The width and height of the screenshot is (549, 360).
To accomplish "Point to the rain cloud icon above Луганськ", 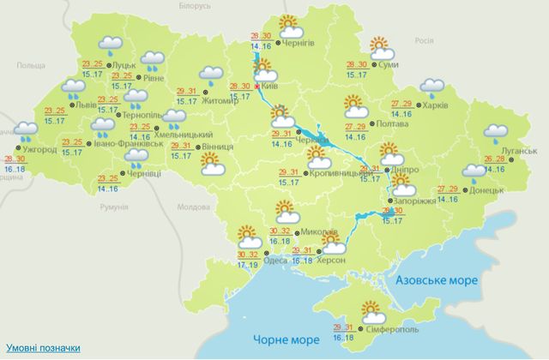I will [495, 134].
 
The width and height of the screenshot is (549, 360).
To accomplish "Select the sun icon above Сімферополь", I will [372, 309].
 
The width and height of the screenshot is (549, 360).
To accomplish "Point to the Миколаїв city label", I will [318, 232].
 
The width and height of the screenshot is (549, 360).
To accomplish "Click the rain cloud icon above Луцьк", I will [111, 45].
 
